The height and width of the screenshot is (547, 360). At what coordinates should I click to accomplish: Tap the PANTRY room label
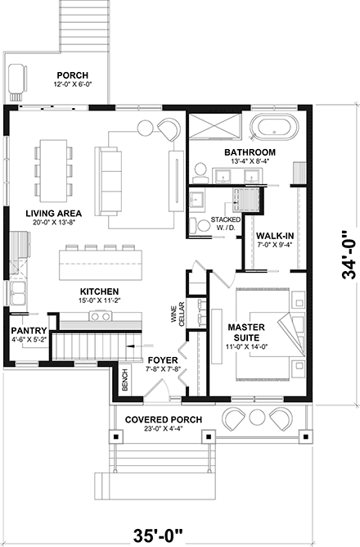(x=28, y=309)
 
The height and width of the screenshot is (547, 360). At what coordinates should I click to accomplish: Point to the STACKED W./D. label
(x=226, y=224)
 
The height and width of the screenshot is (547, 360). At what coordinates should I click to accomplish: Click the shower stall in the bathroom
(x=216, y=129)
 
